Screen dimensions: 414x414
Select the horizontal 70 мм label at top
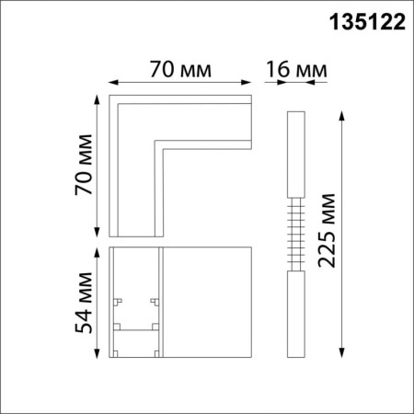(180, 69)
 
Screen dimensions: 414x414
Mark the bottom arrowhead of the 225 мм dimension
(343, 353)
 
